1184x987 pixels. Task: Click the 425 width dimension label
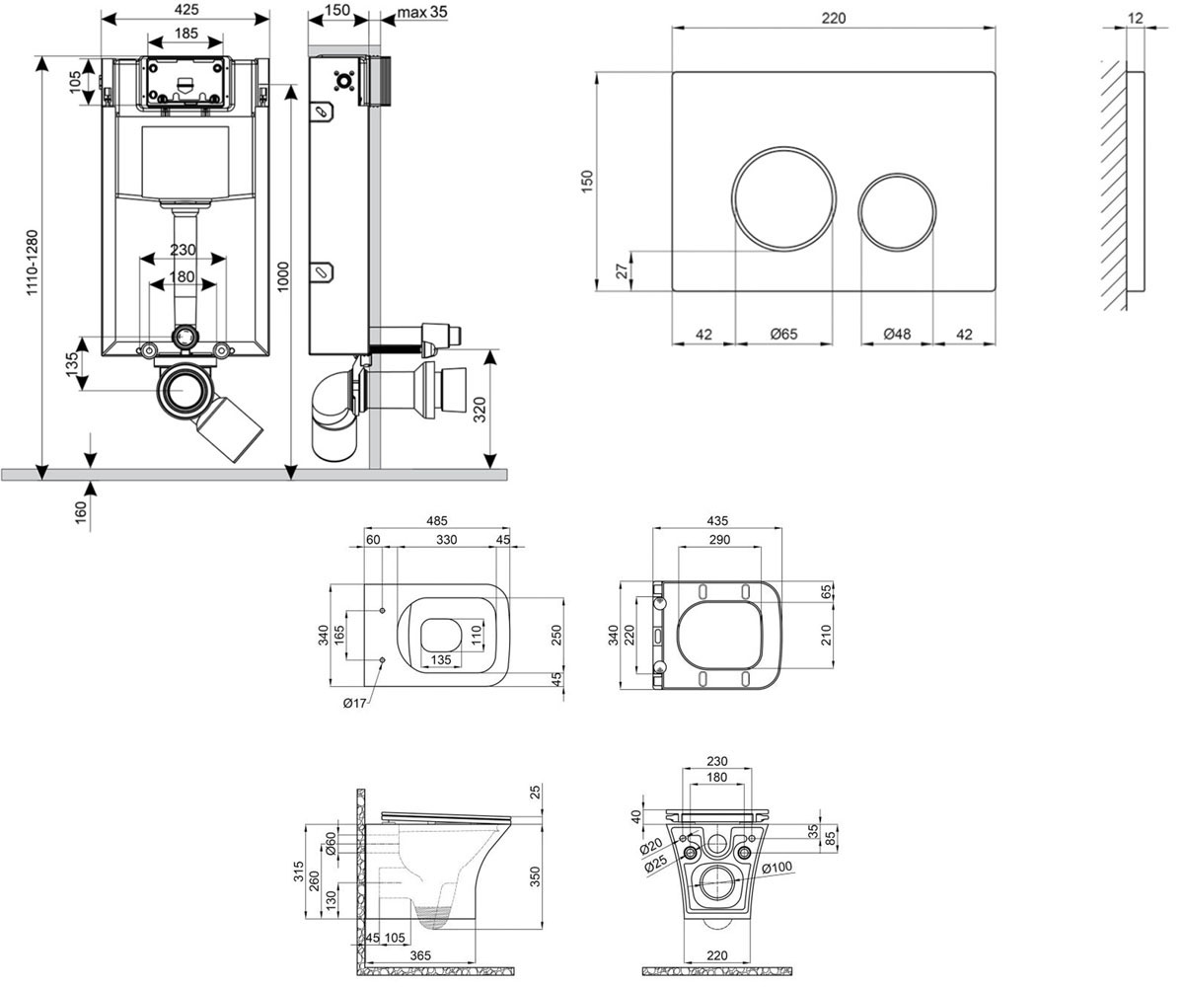pos(186,10)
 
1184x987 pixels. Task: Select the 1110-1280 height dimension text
pos(33,263)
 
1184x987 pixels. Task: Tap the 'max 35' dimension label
pos(422,11)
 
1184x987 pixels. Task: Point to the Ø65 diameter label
pos(783,335)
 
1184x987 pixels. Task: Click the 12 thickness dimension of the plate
pos(1136,18)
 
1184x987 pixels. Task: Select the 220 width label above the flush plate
pos(834,18)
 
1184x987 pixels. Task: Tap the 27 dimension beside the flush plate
pos(623,271)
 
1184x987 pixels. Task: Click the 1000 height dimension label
pos(283,276)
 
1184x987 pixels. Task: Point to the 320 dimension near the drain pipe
pos(480,410)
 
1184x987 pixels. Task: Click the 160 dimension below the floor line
pos(81,513)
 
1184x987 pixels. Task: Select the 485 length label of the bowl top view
pos(437,521)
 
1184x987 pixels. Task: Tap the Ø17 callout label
pos(354,704)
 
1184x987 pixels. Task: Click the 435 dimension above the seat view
pos(717,521)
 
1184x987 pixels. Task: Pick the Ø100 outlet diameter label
pos(777,868)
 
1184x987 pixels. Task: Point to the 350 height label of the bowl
pos(535,876)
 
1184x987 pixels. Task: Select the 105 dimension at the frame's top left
pos(75,82)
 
